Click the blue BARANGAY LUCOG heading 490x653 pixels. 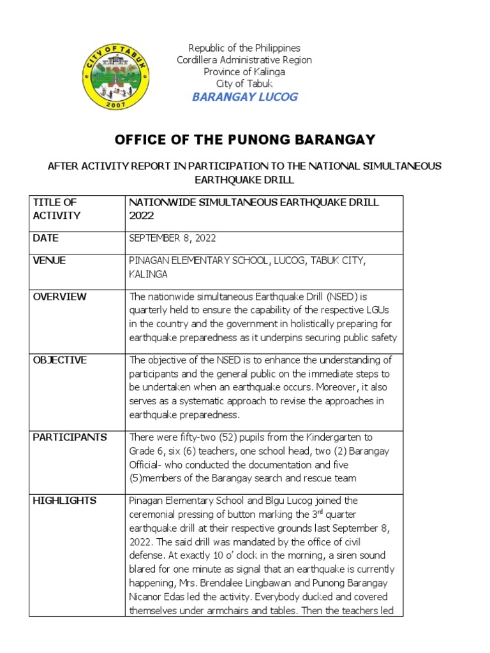point(244,97)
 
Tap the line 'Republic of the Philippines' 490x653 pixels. point(244,48)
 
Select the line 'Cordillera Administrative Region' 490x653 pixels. point(244,60)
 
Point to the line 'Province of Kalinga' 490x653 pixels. point(244,72)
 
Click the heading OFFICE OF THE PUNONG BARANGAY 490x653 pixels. point(244,140)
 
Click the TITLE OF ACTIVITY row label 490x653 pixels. point(57,209)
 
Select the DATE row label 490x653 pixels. point(45,238)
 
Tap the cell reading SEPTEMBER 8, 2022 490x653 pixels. point(172,238)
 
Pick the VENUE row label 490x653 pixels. point(49,261)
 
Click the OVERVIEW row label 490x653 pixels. point(59,297)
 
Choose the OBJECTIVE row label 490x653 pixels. point(59,360)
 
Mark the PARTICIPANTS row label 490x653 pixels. point(70,437)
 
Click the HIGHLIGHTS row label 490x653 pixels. point(64,501)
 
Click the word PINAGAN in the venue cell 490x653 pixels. point(149,261)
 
